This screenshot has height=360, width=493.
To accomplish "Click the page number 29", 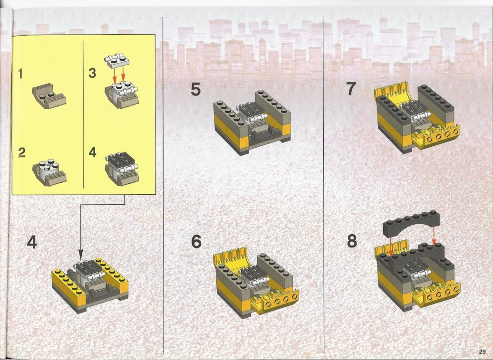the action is point(483,351).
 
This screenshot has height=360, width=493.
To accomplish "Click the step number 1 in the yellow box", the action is point(20,74).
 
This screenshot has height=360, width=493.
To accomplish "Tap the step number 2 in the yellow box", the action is point(22,152).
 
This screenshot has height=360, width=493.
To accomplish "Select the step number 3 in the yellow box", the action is point(92,73).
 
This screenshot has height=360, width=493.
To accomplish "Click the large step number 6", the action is point(196,242).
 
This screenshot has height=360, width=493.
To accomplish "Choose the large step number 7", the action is point(351,89).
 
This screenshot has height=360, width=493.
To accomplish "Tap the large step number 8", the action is point(352,241).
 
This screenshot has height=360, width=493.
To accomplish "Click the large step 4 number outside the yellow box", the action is point(32,242).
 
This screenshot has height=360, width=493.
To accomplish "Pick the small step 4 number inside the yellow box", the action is point(92,152).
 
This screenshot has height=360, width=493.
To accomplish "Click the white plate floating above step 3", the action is point(116,61).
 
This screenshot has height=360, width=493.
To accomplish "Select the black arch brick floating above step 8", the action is point(411,224).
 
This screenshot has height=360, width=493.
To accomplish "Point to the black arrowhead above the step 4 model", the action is point(80,255).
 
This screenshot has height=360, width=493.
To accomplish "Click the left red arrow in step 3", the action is point(115,76).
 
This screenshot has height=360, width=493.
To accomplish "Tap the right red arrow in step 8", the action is point(434,236).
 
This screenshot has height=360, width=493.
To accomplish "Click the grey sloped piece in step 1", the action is point(49,96).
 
